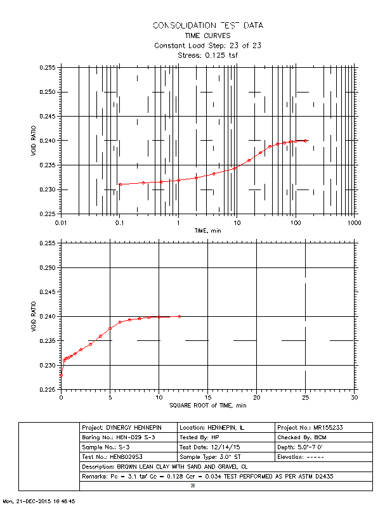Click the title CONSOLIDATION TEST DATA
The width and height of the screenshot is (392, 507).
pyautogui.click(x=207, y=25)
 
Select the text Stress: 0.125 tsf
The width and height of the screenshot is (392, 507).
pyautogui.click(x=207, y=55)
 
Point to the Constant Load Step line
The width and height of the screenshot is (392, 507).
pyautogui.click(x=207, y=46)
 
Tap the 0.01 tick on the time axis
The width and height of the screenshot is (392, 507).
pyautogui.click(x=61, y=223)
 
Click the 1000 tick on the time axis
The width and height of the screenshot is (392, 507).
pyautogui.click(x=353, y=223)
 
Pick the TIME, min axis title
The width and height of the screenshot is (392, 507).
pyautogui.click(x=207, y=231)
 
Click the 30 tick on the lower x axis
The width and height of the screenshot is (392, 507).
pyautogui.click(x=353, y=398)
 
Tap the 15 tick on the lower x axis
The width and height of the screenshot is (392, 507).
pyautogui.click(x=207, y=398)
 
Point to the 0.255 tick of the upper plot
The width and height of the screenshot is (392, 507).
pyautogui.click(x=48, y=67)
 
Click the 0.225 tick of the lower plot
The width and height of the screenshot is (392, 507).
pyautogui.click(x=48, y=390)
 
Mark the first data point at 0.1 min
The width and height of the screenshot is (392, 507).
pyautogui.click(x=120, y=184)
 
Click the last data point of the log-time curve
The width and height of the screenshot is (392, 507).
pyautogui.click(x=306, y=141)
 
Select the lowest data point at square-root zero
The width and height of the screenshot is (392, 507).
pyautogui.click(x=61, y=375)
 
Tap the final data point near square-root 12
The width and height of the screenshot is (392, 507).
pyautogui.click(x=180, y=316)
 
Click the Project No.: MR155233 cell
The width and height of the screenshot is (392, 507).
pyautogui.click(x=323, y=427)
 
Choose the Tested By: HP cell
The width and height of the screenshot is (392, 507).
pyautogui.click(x=225, y=438)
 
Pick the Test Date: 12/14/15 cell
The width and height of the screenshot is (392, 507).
pyautogui.click(x=225, y=447)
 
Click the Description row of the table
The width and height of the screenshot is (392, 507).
pyautogui.click(x=225, y=466)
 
